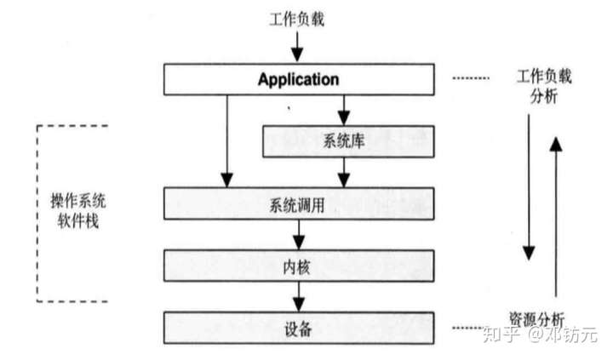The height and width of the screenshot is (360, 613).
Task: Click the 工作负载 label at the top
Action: coord(297,16)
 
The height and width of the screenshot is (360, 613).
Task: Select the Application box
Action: coord(298,80)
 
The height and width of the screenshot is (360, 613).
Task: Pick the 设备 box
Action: coord(298,326)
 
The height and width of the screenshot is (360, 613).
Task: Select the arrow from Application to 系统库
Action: coord(344,109)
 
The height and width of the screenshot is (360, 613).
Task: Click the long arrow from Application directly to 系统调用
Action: coord(227,140)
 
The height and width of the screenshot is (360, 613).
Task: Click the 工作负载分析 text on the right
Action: coord(543,86)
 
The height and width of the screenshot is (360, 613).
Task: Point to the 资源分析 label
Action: coord(536,317)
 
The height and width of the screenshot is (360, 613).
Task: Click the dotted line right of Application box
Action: coord(471,79)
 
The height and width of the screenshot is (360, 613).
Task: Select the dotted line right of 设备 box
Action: coord(471,327)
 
